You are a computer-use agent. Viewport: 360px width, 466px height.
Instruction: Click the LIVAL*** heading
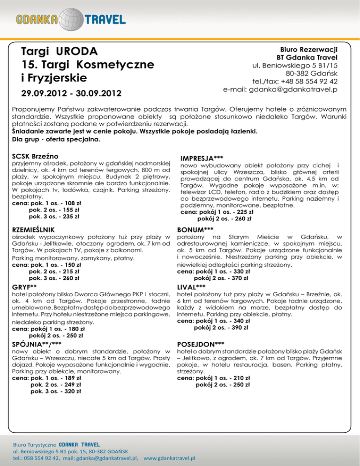pyautogui.click(x=194, y=286)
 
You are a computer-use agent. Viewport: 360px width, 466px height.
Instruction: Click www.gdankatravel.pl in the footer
pyautogui.click(x=170, y=458)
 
